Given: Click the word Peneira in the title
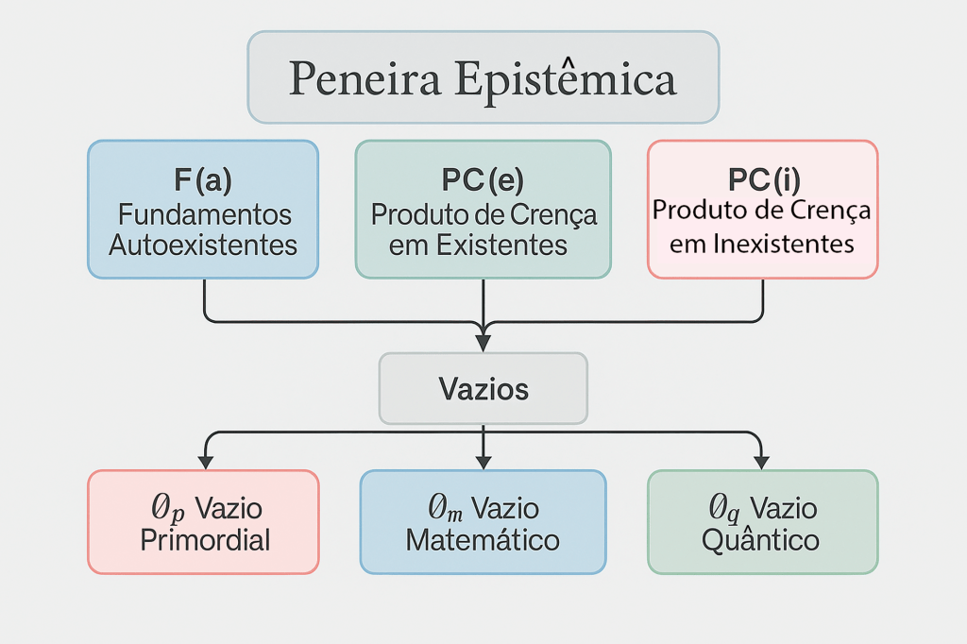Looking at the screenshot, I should [365, 78].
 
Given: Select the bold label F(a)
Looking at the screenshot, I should [203, 180].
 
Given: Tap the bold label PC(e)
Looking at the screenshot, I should [483, 180].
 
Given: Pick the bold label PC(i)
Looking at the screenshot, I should [762, 178].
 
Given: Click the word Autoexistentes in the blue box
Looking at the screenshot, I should [203, 246].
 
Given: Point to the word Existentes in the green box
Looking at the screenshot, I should [503, 246].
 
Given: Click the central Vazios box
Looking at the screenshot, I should [483, 388].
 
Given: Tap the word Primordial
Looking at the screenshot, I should [205, 540].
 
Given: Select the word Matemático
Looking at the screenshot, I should [483, 540].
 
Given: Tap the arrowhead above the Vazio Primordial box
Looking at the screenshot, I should [205, 462].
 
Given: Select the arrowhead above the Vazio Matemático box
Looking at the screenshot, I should [483, 462].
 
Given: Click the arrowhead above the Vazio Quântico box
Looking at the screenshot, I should [761, 462].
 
